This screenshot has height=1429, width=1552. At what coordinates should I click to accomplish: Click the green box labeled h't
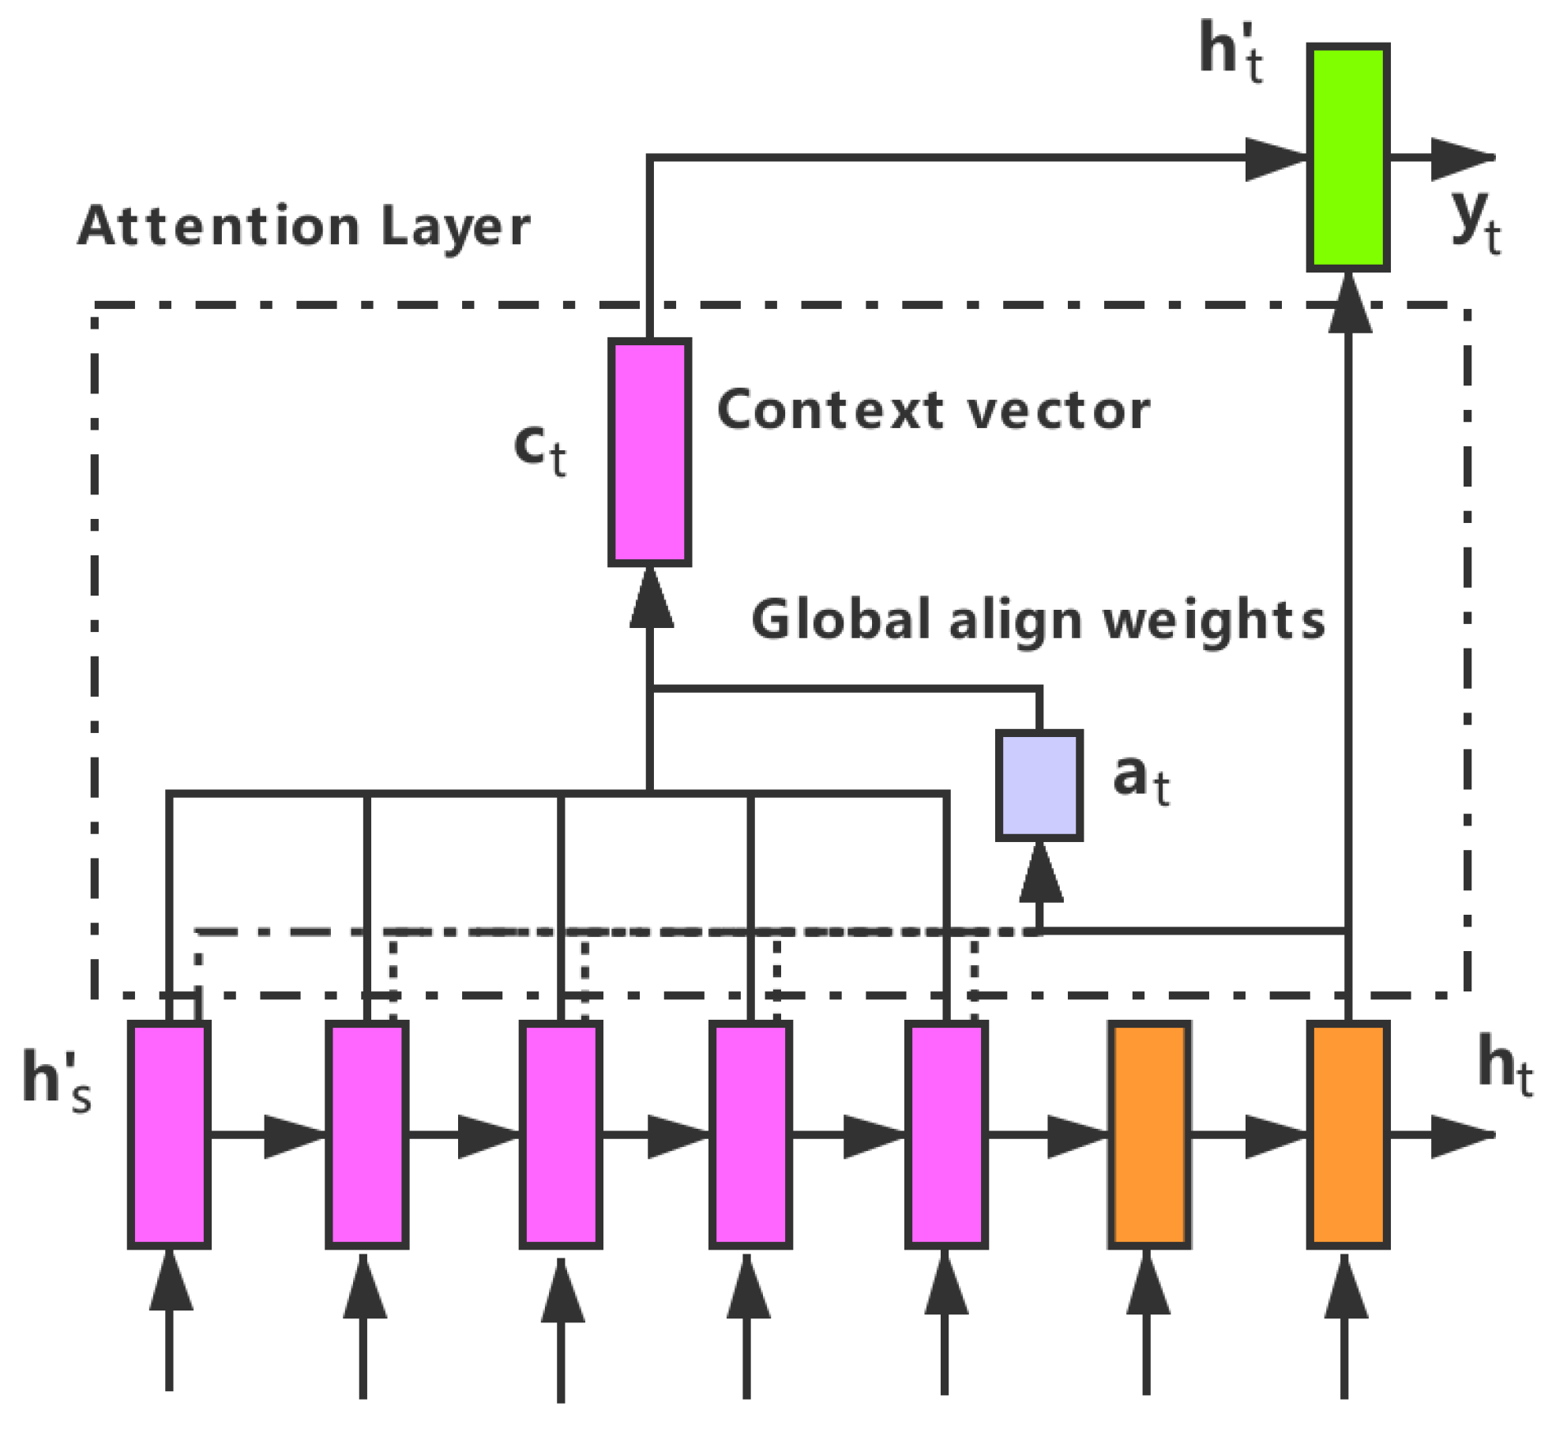(1347, 157)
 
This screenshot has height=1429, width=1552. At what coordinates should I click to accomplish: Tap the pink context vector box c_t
(649, 452)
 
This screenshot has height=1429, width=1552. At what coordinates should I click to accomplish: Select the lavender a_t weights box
(1039, 784)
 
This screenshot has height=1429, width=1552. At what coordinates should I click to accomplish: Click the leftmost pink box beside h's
(169, 1134)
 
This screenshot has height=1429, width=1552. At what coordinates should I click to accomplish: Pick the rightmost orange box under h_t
(1347, 1134)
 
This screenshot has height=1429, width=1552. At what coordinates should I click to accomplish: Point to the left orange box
(1149, 1134)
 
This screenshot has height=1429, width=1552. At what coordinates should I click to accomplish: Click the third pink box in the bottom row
(561, 1134)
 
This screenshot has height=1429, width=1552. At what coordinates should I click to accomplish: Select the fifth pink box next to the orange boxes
(946, 1134)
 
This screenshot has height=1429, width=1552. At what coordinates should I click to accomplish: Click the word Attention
(219, 226)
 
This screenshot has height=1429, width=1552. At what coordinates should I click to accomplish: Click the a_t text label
(1141, 778)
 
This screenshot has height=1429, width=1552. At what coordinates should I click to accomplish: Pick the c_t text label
(539, 448)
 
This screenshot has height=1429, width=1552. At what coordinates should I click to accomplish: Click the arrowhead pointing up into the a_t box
(1040, 874)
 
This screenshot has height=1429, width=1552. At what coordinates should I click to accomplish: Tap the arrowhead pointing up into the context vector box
(651, 599)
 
